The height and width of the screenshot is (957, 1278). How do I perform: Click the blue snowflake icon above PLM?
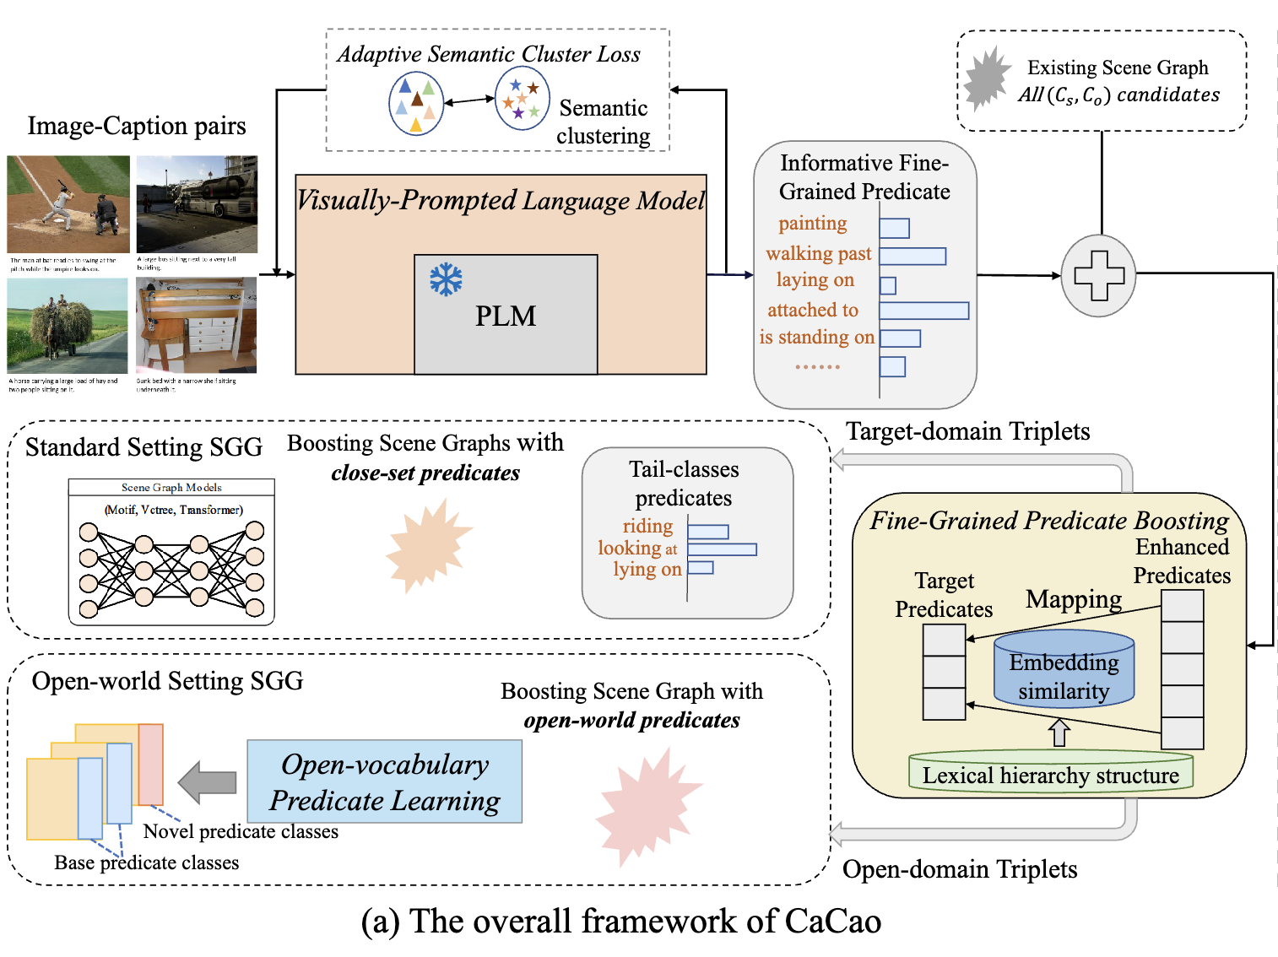[x=446, y=279]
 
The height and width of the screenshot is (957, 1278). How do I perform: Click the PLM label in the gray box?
[x=505, y=316]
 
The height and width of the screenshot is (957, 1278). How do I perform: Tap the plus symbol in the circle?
[x=1098, y=276]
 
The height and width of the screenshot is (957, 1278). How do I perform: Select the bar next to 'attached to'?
[x=923, y=311]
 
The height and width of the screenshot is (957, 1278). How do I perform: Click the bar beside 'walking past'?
[x=912, y=256]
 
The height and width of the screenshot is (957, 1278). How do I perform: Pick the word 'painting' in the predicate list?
[x=812, y=224]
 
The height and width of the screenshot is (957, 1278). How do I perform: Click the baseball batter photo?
[x=68, y=204]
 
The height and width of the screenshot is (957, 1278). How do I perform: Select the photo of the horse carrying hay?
[x=68, y=326]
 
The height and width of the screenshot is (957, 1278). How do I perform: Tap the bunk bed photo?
[x=196, y=326]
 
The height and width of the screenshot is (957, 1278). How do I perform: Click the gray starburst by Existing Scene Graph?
[x=987, y=79]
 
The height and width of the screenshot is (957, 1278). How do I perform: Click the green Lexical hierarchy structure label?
[x=1050, y=775]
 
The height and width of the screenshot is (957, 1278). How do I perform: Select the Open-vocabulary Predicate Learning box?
[x=384, y=782]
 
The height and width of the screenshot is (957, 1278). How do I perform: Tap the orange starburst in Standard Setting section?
[x=428, y=545]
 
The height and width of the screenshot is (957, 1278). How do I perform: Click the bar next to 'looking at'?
[x=722, y=549]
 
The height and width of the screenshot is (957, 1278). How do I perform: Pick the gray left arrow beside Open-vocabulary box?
[x=208, y=782]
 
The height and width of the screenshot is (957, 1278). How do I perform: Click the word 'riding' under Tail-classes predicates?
[x=647, y=527]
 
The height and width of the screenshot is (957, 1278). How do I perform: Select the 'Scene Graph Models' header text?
[x=171, y=488]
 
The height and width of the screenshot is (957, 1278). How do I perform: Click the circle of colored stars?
[x=522, y=100]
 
